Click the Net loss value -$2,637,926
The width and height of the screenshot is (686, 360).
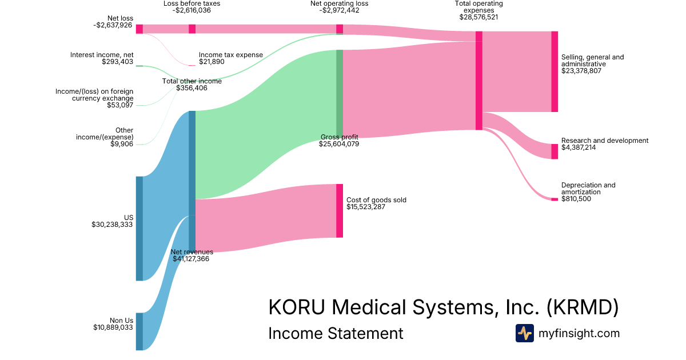pos(113,25)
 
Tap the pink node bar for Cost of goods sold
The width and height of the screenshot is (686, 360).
pos(340,210)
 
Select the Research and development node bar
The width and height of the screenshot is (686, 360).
pos(555,151)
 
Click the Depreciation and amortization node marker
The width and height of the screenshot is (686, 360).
pos(555,199)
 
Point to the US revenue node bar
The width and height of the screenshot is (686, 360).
pos(139,228)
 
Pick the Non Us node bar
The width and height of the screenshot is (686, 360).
pos(139,331)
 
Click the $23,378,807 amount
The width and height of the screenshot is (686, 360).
pos(581,71)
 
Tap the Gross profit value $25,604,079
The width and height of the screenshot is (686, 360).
pos(339,144)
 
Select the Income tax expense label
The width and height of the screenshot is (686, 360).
pos(231,55)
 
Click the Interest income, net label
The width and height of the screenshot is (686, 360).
pos(102,55)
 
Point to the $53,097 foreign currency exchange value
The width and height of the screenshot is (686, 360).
pos(120,105)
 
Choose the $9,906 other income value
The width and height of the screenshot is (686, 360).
pos(122,144)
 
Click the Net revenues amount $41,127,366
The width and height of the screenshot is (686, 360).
pos(191,258)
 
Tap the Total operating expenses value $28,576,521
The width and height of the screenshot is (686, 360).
pos(478,17)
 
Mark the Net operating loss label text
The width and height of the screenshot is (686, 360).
pos(340,3)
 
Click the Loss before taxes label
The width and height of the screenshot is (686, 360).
pos(192,3)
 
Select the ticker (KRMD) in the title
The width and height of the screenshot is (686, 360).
pos(583,307)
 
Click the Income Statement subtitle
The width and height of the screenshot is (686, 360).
pos(336,333)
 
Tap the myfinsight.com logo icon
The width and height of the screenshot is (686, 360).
pos(524,333)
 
